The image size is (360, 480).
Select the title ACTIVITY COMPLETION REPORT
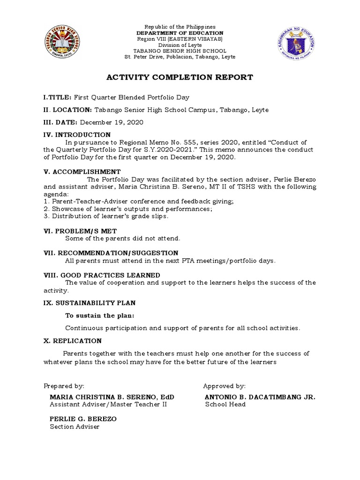point(180,77)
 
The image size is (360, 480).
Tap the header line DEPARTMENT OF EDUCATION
point(180,33)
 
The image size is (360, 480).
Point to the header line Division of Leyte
point(180,45)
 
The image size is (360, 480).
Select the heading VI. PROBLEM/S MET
point(80,231)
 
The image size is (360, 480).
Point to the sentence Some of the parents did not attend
point(122,239)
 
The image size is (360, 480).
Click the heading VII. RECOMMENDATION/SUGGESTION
point(111,253)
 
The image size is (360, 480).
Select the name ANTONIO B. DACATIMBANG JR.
point(260,397)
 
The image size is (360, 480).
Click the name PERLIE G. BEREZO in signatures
point(83,419)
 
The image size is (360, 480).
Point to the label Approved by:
point(224,386)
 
